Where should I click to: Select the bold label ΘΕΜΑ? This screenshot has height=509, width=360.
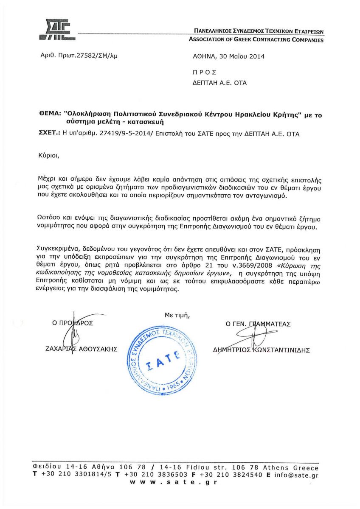[49, 115]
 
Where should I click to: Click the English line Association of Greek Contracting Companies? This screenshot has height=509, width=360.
[256, 40]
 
